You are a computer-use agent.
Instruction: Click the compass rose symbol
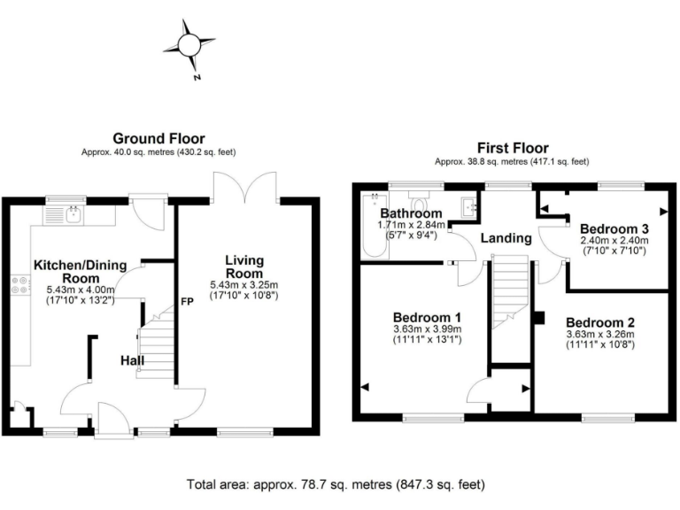(189, 44)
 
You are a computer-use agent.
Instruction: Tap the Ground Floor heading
(158, 138)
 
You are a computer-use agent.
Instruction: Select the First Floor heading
(512, 148)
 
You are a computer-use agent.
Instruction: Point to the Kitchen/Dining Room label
(86, 271)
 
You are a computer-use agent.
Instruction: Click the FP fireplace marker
(187, 300)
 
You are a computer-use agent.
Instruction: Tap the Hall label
(134, 361)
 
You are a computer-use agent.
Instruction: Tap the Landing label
(506, 238)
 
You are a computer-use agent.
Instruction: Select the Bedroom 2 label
(599, 322)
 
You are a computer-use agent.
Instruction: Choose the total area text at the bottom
(336, 485)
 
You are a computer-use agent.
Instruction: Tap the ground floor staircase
(156, 345)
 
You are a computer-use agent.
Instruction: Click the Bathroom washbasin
(468, 206)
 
